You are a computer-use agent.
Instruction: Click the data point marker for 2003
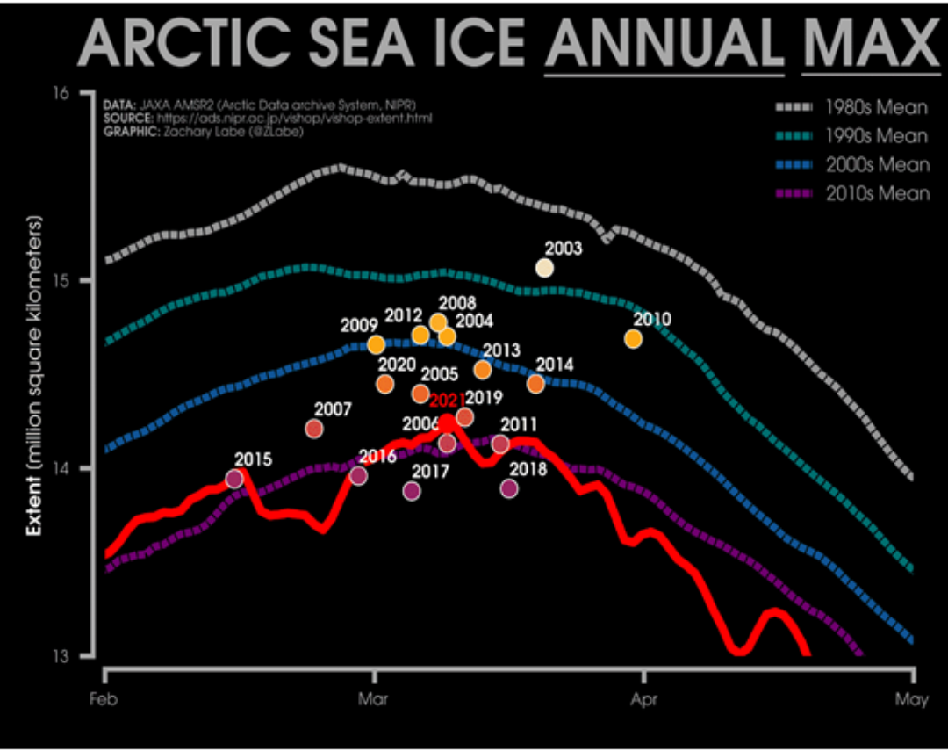(x=544, y=268)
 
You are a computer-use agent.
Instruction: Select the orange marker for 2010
(x=633, y=339)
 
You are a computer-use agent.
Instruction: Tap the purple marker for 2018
(x=509, y=488)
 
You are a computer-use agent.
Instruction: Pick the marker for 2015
(x=234, y=479)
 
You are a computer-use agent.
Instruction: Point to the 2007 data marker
(x=314, y=429)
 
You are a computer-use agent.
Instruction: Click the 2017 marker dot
(x=412, y=491)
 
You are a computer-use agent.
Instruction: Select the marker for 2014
(x=535, y=384)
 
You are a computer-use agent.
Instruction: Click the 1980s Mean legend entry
(x=851, y=108)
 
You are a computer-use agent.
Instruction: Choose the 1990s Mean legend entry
(x=851, y=136)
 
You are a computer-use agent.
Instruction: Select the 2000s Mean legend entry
(x=851, y=164)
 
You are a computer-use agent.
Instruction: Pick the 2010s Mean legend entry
(x=851, y=193)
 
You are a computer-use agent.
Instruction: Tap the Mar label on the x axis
(x=375, y=699)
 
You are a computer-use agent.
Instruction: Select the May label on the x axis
(x=914, y=699)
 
